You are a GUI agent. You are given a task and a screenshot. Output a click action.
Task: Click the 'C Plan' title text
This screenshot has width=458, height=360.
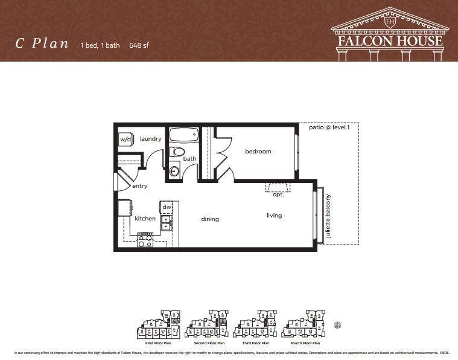pyautogui.click(x=42, y=43)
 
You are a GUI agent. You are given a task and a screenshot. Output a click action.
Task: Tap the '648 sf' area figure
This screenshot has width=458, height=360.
pyautogui.click(x=139, y=45)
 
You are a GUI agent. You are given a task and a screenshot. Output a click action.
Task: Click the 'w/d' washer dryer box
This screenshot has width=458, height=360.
pyautogui.click(x=126, y=139)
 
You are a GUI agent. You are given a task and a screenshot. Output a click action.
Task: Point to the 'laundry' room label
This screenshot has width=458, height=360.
pyautogui.click(x=151, y=139)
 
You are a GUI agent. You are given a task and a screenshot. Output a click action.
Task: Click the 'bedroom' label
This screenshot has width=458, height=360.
pyautogui.click(x=258, y=152)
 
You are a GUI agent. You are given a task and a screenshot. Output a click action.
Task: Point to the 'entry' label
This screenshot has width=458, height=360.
pyautogui.click(x=139, y=186)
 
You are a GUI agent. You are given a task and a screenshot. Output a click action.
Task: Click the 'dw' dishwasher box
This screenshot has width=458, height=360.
pyautogui.click(x=167, y=207)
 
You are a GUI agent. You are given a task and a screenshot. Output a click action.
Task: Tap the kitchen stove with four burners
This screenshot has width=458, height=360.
pyautogui.click(x=145, y=240)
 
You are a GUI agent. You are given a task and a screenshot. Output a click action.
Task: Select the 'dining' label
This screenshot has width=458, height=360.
pyautogui.click(x=210, y=219)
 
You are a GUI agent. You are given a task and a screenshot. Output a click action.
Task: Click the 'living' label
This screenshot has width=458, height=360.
pyautogui.click(x=274, y=216)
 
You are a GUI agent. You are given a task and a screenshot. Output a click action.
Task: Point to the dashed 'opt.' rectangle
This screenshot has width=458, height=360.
pyautogui.click(x=278, y=187)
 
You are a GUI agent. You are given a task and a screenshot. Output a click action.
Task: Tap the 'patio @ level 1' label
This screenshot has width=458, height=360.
pyautogui.click(x=329, y=127)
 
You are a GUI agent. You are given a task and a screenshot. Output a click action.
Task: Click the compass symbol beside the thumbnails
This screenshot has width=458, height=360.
pyautogui.click(x=337, y=324)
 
